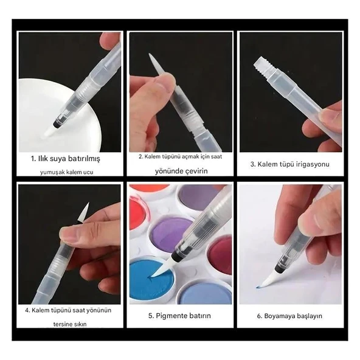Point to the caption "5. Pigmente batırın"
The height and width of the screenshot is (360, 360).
[x=179, y=316]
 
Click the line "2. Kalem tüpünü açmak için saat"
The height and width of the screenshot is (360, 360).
[x=181, y=156]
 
